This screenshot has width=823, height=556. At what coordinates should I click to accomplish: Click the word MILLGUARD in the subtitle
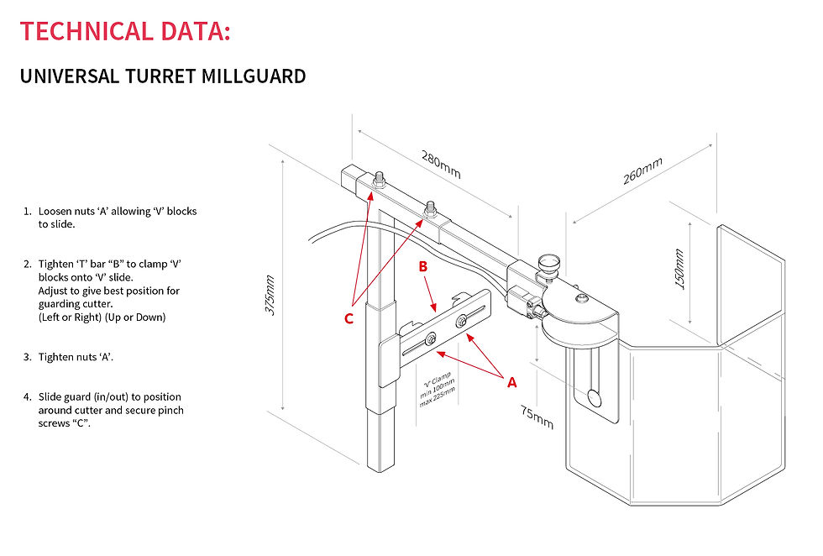(254, 76)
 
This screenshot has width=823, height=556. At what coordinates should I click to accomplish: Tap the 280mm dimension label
(441, 165)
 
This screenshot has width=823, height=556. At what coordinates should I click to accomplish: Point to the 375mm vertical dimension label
(270, 294)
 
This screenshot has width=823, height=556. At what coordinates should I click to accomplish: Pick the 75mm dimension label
(536, 416)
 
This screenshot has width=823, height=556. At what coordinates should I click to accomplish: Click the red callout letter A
(511, 382)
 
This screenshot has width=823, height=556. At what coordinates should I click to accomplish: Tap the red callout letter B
(424, 267)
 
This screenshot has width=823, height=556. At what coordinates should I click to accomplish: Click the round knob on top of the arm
(550, 262)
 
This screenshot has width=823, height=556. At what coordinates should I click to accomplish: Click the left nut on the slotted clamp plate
(430, 338)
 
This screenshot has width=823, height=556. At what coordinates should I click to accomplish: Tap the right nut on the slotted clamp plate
(461, 321)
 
